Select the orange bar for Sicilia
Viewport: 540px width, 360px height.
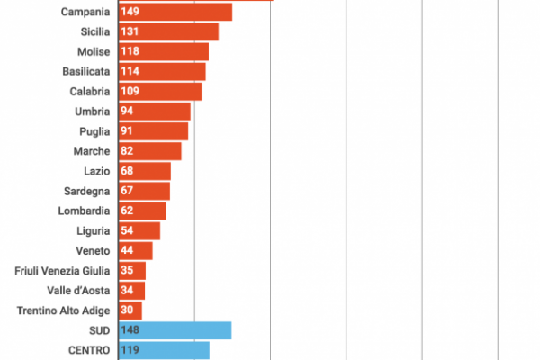point(168,31)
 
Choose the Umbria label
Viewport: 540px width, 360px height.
point(93,111)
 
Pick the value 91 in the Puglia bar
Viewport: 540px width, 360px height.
point(127,131)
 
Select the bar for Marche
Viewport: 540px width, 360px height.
point(149,151)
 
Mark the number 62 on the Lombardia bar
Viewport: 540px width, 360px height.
point(126,211)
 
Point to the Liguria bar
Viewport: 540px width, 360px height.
point(139,230)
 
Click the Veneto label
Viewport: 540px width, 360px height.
point(94,250)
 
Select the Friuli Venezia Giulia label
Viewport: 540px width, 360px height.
point(63,270)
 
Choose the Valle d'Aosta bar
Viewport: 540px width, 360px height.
point(131,290)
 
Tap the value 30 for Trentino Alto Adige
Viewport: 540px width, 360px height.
point(126,310)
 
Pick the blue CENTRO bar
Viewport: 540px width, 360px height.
point(164,350)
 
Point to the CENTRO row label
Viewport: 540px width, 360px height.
point(89,350)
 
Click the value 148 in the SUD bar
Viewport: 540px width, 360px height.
point(130,330)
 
